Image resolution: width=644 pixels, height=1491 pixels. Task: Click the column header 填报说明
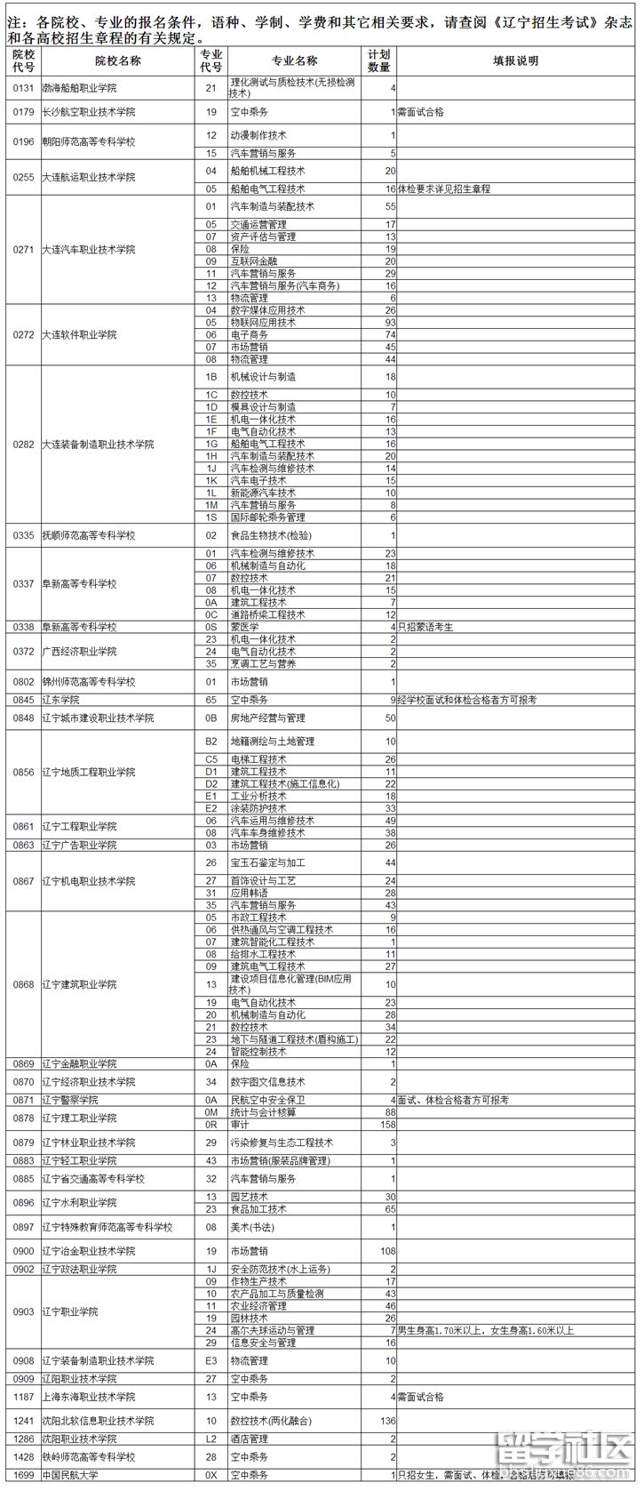click(x=515, y=61)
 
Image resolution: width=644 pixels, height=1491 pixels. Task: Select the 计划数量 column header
click(x=379, y=61)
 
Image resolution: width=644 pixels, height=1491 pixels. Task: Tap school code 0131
click(x=23, y=88)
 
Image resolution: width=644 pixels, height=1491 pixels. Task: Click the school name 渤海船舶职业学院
click(x=79, y=88)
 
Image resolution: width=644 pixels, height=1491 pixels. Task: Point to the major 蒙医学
click(x=244, y=627)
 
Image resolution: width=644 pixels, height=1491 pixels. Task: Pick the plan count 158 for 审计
click(x=387, y=1125)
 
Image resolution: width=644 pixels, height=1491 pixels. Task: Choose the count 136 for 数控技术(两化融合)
click(x=387, y=1421)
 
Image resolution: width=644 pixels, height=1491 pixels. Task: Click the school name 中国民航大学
click(x=70, y=1475)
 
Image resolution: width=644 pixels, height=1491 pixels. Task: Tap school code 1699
click(x=23, y=1475)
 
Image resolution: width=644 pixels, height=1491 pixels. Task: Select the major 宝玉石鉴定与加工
click(x=267, y=862)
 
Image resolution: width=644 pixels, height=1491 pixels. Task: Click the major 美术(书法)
click(x=253, y=1227)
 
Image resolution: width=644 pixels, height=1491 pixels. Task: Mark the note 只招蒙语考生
click(x=425, y=627)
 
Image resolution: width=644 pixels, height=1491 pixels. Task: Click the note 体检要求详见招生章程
click(x=443, y=188)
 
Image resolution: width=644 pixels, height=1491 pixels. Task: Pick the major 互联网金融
click(x=253, y=261)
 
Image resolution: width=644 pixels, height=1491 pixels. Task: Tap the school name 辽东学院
click(x=60, y=700)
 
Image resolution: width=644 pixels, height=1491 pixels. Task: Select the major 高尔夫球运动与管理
click(x=272, y=1330)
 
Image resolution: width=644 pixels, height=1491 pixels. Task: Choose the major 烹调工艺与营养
click(x=263, y=663)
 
